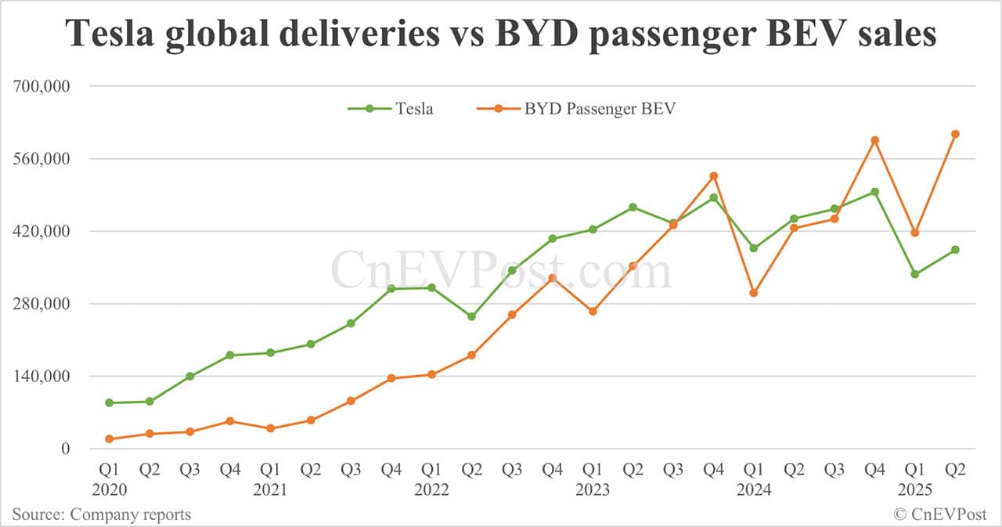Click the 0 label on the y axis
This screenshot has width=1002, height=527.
(x=66, y=449)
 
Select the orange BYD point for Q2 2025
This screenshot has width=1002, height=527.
(x=955, y=134)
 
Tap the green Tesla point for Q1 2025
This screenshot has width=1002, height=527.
(x=914, y=274)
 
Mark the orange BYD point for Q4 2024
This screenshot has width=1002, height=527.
(x=874, y=140)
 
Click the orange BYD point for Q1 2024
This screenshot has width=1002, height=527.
(x=753, y=293)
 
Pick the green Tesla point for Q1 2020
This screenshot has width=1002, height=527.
(x=109, y=402)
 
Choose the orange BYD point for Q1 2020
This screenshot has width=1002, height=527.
(x=109, y=439)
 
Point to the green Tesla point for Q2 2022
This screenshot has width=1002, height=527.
(x=471, y=316)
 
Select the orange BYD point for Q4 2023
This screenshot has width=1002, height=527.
(x=713, y=175)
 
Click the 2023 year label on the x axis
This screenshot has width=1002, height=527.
(x=593, y=490)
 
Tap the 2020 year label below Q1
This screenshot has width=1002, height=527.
(x=109, y=490)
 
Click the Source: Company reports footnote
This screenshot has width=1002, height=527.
(x=101, y=514)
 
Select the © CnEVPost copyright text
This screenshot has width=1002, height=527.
(x=940, y=514)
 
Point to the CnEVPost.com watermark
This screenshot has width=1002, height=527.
(x=501, y=271)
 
